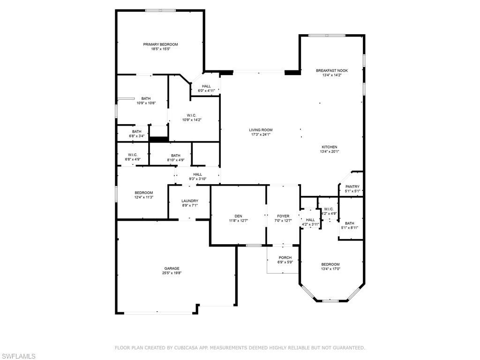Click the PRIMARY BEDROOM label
[x=160, y=44]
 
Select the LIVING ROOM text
[x=261, y=130]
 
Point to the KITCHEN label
[x=329, y=147]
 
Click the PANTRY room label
[x=352, y=187]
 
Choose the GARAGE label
[x=172, y=268]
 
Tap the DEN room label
[x=238, y=216]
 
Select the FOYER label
[x=283, y=216]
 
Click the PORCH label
[x=285, y=257]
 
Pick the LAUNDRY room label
[x=190, y=201]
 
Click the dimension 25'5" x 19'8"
[x=172, y=273]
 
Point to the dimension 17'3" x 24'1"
[x=261, y=135]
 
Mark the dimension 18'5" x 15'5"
[x=160, y=49]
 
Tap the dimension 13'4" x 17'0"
[x=330, y=269]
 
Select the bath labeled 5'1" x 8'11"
[x=350, y=225]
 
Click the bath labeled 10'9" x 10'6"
[x=146, y=101]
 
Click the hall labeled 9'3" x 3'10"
[x=197, y=176]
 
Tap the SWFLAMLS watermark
[x=18, y=356]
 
